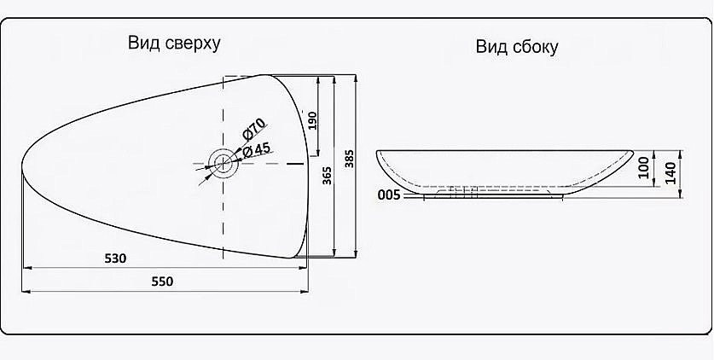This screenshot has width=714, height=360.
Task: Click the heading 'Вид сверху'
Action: (174, 44)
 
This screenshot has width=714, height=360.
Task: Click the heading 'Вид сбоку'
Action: (517, 47)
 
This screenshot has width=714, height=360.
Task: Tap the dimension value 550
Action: (162, 282)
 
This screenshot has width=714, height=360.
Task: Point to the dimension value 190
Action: (312, 120)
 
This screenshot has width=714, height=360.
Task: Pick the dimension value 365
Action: (327, 176)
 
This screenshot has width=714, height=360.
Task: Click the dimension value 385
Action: (347, 160)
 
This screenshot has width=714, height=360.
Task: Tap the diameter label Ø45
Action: (257, 150)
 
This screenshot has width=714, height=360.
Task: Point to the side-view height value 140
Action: (670, 173)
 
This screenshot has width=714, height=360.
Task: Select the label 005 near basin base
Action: (388, 195)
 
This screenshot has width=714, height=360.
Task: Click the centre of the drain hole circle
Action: (222, 160)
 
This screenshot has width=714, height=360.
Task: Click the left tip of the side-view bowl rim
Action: (378, 153)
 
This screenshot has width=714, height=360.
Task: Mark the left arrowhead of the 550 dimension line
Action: (24, 292)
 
